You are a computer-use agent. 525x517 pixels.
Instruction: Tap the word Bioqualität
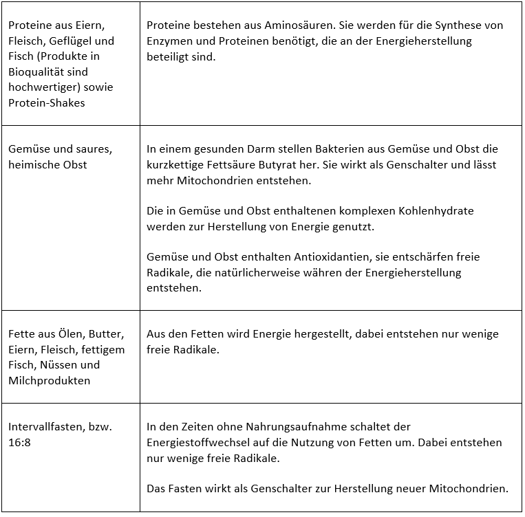pyautogui.click(x=38, y=72)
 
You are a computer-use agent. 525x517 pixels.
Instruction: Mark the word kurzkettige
pyautogui.click(x=175, y=165)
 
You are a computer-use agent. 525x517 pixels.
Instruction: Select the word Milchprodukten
pyautogui.click(x=50, y=381)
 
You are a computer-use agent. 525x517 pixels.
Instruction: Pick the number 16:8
pyautogui.click(x=20, y=443)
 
